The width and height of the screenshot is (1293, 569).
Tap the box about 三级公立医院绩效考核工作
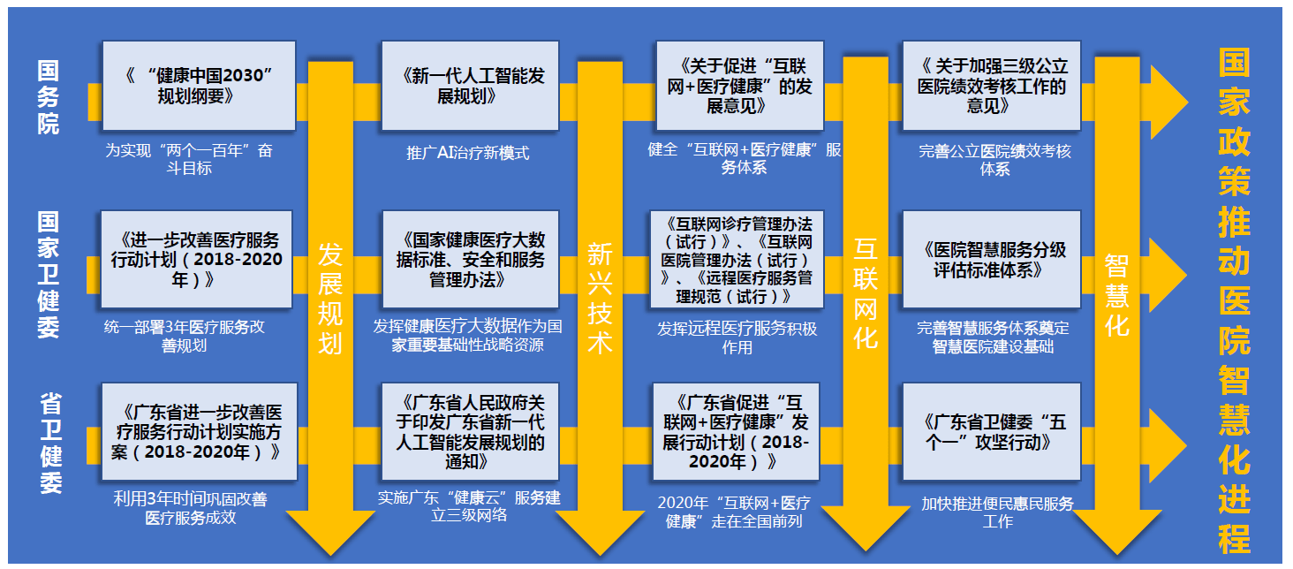point(992,86)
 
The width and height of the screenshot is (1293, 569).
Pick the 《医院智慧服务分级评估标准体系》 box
point(992,260)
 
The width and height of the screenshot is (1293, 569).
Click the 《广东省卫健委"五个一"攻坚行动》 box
point(992,432)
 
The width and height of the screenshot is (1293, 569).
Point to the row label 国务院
point(49,97)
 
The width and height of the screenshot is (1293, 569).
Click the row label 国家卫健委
point(49,274)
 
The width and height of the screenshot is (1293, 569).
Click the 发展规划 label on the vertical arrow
point(330,297)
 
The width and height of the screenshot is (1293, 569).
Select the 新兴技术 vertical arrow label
point(600,299)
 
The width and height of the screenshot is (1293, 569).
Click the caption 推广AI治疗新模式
point(468,153)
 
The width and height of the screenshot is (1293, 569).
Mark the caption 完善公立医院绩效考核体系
point(994,160)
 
